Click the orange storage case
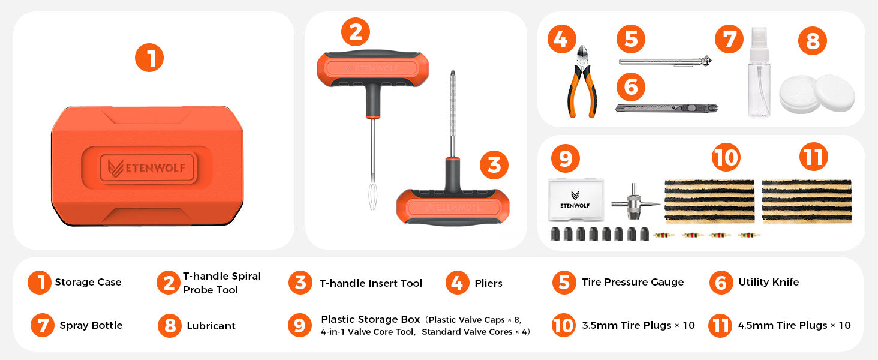148,166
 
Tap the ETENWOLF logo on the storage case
148,168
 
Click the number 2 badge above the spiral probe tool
356,32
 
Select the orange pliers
582,82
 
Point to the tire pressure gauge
665,61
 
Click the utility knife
666,108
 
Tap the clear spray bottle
759,72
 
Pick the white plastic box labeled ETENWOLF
575,200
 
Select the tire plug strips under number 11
807,201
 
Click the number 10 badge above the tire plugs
726,157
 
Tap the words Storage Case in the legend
88,282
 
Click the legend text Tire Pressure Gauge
633,282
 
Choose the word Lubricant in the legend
211,326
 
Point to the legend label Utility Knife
769,282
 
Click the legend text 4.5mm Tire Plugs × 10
795,325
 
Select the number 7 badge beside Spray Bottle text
43,325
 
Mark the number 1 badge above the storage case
149,58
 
